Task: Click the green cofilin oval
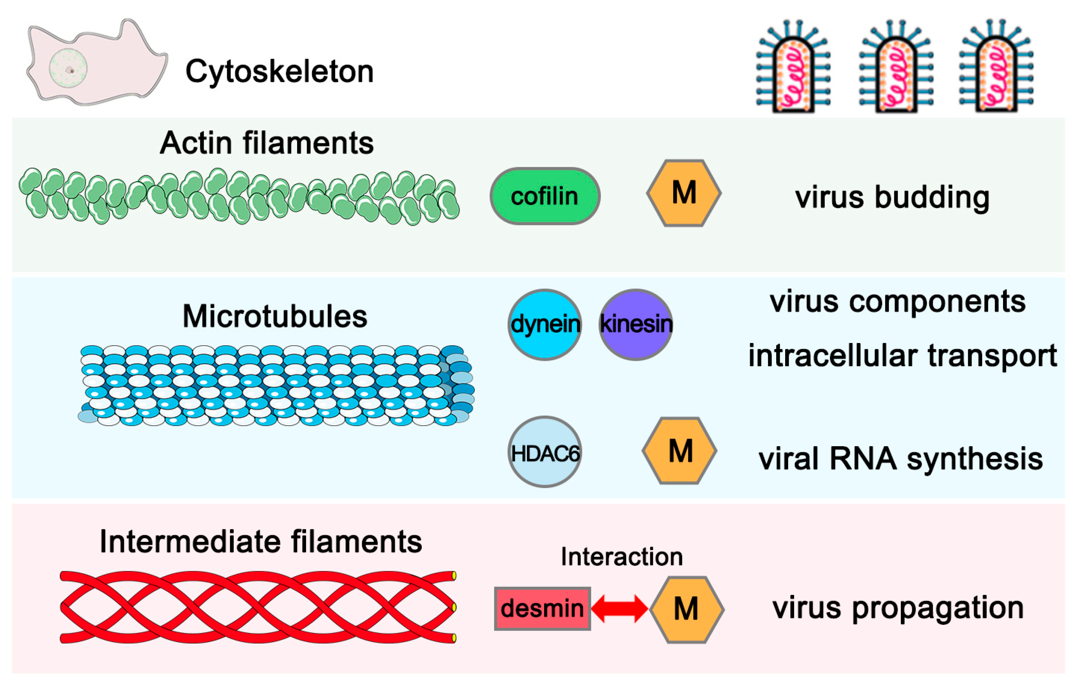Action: [x=545, y=196]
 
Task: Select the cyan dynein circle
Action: [x=545, y=324]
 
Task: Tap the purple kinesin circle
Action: [x=636, y=324]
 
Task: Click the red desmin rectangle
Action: [x=542, y=608]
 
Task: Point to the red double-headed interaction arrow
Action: [x=619, y=608]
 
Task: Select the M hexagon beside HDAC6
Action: [x=680, y=451]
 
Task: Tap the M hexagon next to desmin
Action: [x=686, y=609]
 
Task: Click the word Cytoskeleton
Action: [x=280, y=71]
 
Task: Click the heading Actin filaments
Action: [x=267, y=143]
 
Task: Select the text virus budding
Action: [x=892, y=197]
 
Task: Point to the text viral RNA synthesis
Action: [x=900, y=459]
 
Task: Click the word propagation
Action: [x=938, y=608]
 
